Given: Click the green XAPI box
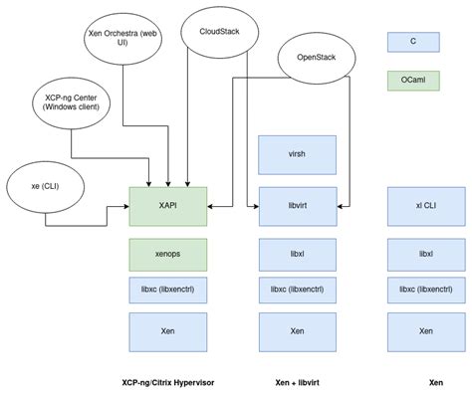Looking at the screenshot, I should click(168, 205).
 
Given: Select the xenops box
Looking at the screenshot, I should click(168, 254).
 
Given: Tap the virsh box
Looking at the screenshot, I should click(297, 154).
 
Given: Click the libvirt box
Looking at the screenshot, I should click(297, 205).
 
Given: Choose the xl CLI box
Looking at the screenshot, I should click(425, 205).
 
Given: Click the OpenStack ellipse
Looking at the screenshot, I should click(317, 59).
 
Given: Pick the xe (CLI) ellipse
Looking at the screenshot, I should click(44, 186).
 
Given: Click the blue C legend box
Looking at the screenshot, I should click(412, 41).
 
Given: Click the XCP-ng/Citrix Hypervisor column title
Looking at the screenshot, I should click(168, 382).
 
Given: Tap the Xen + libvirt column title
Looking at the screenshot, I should click(297, 382).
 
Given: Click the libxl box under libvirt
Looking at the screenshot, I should click(297, 254).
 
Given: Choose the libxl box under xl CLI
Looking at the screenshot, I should click(425, 254).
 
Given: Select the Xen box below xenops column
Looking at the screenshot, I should click(168, 329).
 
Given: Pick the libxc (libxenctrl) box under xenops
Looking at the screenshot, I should click(168, 290).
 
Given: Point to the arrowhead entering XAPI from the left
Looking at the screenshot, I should click(126, 205).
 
